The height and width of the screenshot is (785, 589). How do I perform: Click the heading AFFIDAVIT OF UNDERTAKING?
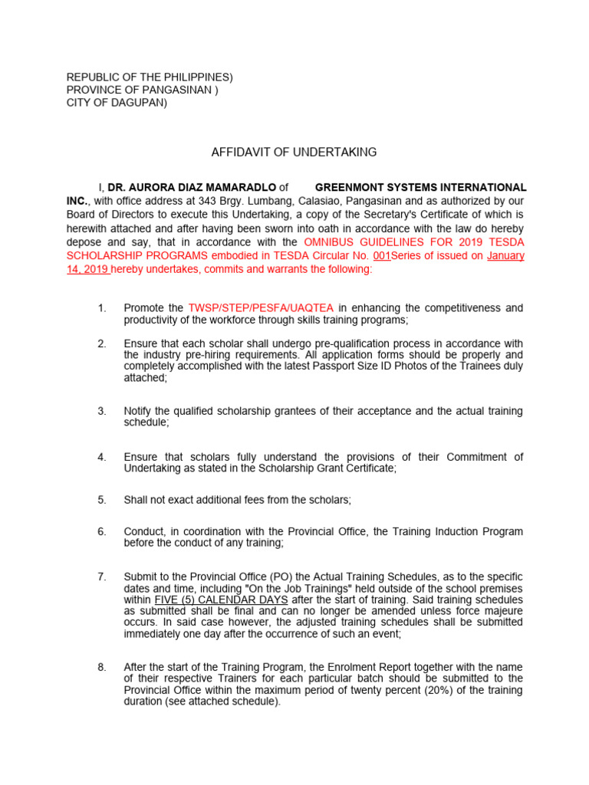294,153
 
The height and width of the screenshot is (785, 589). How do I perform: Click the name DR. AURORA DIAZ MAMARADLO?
191,187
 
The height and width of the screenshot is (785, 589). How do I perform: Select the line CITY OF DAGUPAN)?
117,103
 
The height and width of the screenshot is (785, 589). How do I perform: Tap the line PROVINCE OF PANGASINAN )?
142,90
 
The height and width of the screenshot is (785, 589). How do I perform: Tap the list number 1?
101,308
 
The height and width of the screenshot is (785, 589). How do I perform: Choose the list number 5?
101,500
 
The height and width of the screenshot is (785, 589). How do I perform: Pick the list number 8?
101,667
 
